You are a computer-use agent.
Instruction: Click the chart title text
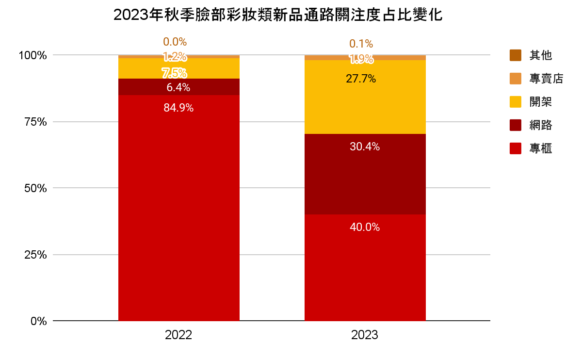click(278, 15)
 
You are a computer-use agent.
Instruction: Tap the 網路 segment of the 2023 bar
click(365, 174)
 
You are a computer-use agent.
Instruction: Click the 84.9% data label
click(178, 108)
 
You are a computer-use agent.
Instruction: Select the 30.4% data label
click(365, 147)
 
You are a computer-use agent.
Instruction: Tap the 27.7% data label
click(361, 79)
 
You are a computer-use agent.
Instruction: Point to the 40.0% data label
click(365, 227)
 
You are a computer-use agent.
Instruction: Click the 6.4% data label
click(178, 88)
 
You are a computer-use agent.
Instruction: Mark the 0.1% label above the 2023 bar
click(361, 44)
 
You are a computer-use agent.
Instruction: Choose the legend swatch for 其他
click(516, 55)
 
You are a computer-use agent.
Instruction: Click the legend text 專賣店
click(546, 79)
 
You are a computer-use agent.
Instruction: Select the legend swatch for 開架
click(516, 102)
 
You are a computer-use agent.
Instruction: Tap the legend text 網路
click(541, 125)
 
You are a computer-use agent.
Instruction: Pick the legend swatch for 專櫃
click(516, 148)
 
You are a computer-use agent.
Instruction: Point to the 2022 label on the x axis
click(178, 335)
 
